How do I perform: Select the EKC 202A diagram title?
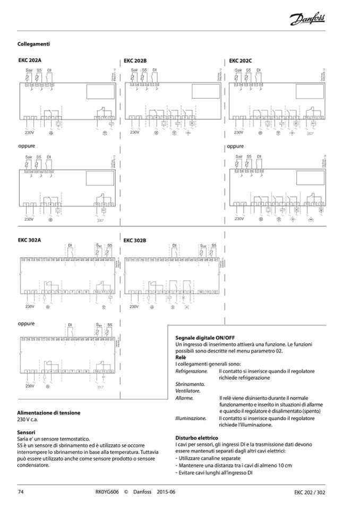(x=30, y=62)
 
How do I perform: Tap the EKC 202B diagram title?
(x=135, y=61)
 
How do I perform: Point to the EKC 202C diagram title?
(x=241, y=61)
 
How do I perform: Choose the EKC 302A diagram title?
(x=30, y=240)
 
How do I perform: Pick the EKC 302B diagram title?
(x=135, y=240)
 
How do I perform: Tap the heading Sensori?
(x=27, y=432)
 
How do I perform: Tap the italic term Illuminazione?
(x=191, y=418)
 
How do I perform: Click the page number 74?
(x=21, y=492)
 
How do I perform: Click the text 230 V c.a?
(x=29, y=419)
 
